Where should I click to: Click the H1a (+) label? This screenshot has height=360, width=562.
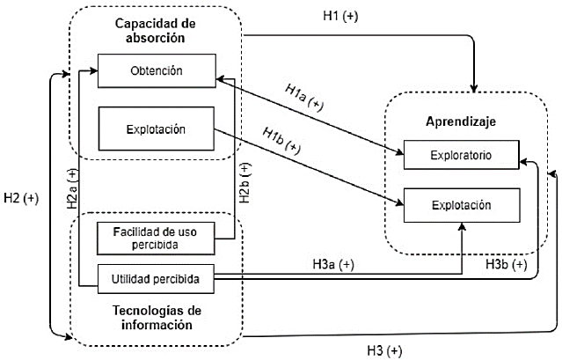303,97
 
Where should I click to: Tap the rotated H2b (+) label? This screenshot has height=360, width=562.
245,183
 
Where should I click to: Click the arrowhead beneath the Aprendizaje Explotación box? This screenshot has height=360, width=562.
462,227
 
